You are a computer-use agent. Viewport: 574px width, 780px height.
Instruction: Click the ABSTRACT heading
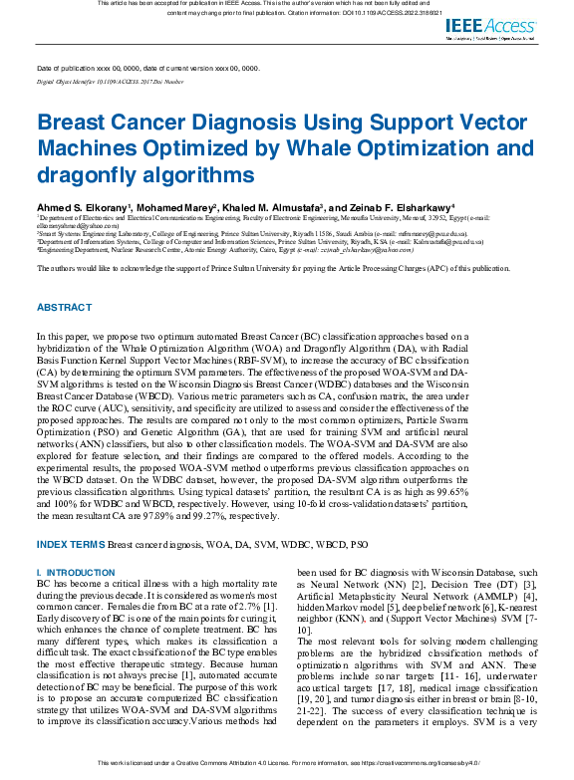coord(65,307)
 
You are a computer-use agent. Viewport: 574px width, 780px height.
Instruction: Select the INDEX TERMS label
coord(71,545)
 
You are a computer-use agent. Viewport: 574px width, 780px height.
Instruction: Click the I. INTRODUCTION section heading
coord(76,573)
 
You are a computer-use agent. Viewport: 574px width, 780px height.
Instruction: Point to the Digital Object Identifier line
coord(110,81)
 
